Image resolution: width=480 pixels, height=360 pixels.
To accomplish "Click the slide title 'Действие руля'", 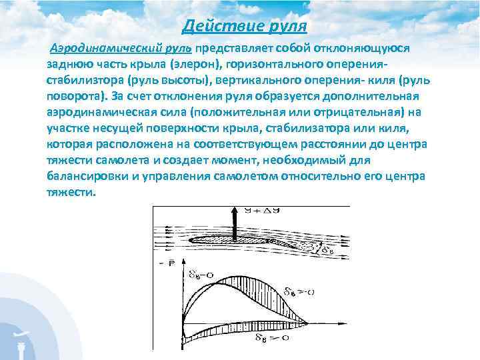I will (244, 26).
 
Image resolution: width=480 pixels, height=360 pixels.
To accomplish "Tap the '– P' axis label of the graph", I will (163, 264).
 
